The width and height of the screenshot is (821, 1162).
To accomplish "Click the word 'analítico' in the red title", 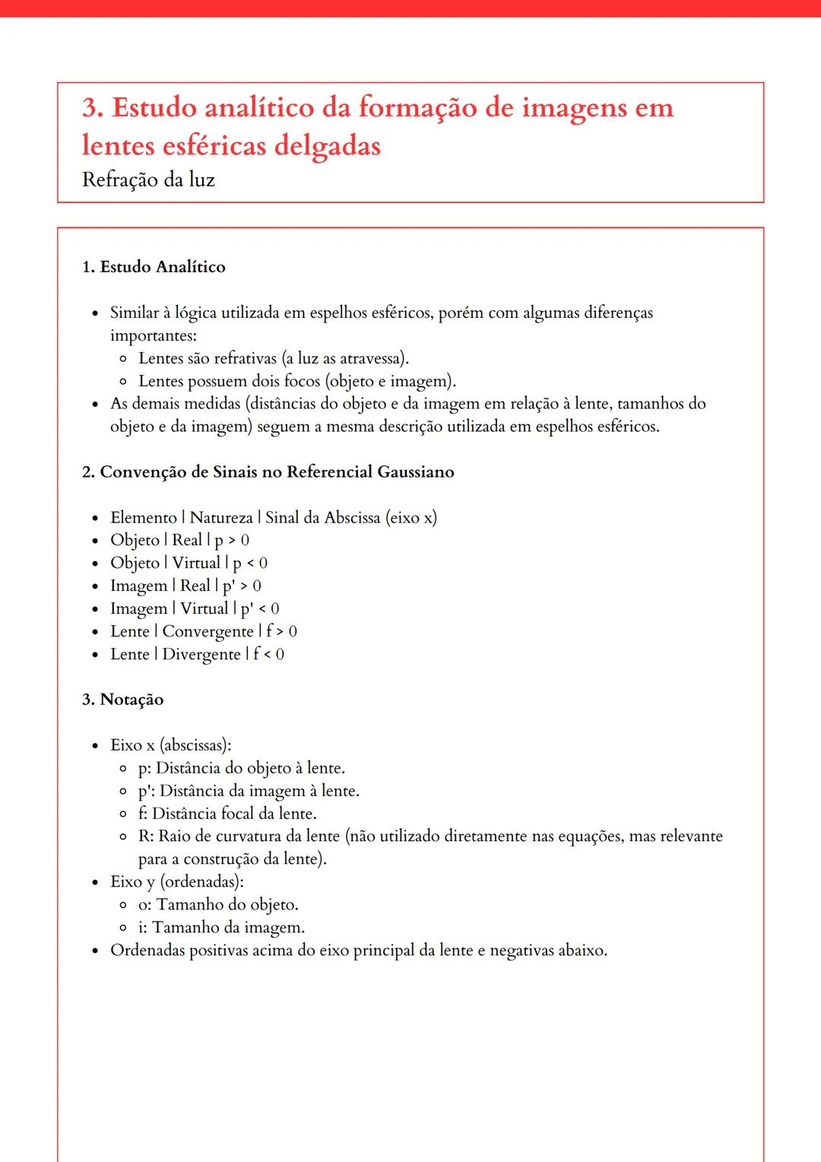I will [x=258, y=108].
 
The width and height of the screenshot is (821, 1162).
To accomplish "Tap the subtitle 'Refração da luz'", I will [x=148, y=180].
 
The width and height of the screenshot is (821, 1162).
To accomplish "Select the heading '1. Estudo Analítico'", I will [x=154, y=267].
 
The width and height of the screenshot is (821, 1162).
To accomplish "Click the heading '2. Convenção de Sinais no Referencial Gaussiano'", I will [x=268, y=472].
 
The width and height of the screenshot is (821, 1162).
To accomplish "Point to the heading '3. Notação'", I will [x=122, y=700].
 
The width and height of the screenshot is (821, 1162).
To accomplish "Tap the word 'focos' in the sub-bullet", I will [x=302, y=381].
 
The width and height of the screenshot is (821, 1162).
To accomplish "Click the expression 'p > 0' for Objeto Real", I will [x=232, y=541].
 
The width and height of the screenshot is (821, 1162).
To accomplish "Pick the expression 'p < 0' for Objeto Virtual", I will [x=250, y=564].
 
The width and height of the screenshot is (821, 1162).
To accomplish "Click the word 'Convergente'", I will [x=208, y=632].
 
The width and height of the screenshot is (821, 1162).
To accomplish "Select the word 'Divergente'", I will [x=201, y=655].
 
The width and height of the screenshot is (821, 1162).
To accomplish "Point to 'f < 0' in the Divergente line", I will [x=268, y=655].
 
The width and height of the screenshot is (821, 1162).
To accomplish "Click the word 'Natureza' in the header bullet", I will [x=221, y=518].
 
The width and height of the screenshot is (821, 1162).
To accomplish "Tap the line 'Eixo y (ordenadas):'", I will [x=177, y=882].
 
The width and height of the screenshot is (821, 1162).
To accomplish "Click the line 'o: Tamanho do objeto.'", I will [x=218, y=905].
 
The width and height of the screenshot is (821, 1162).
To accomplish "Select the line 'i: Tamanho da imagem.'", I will [x=221, y=928].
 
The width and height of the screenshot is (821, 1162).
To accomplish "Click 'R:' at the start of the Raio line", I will [x=146, y=837].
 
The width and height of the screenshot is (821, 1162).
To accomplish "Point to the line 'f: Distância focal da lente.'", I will [x=227, y=814].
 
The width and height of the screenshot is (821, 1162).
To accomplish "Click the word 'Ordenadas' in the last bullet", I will [x=147, y=951].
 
